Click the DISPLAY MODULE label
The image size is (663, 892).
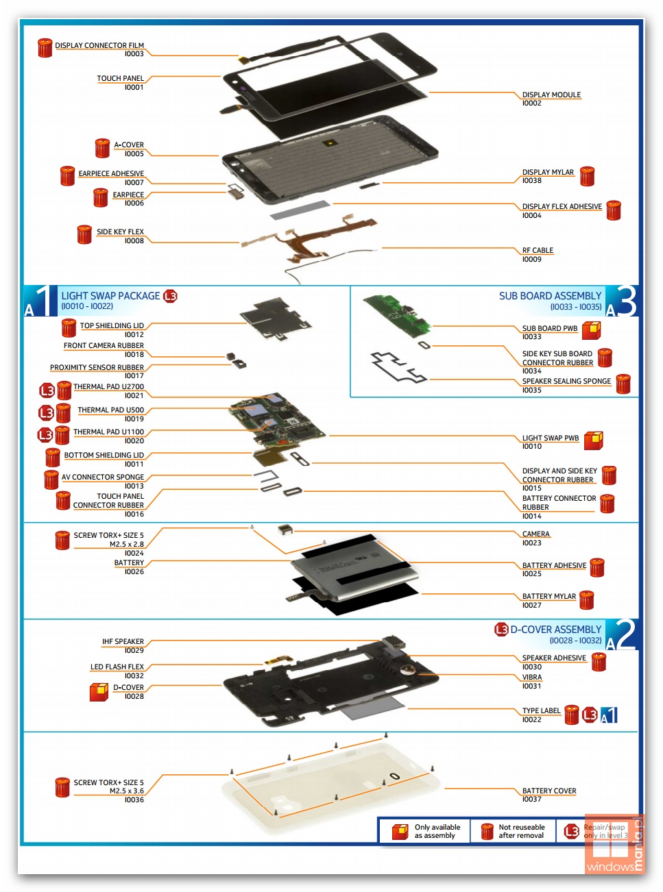[551, 95]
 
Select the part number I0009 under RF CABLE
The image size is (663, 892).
[531, 260]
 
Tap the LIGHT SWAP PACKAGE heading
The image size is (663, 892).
[110, 296]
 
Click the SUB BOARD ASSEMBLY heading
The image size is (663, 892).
[550, 296]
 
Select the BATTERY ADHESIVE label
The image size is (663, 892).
[554, 565]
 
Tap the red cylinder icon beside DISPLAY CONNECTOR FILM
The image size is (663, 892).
[45, 48]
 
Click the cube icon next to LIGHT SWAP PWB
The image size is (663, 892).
[594, 440]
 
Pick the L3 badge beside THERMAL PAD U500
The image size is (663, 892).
[46, 412]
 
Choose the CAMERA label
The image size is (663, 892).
[535, 534]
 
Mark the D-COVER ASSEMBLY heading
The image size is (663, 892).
[555, 630]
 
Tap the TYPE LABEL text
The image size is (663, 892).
[541, 711]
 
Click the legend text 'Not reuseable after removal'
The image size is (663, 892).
[521, 831]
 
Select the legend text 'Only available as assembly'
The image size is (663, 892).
[437, 831]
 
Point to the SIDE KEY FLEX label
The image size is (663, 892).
[120, 232]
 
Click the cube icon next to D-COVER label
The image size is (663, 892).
[99, 692]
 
